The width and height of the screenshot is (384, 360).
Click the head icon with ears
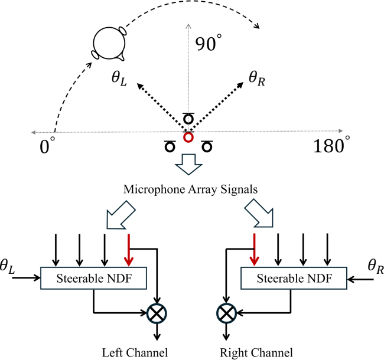click(108, 43)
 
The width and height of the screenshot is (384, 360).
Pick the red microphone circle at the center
click(188, 138)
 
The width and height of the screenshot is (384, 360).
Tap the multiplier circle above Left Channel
click(157, 313)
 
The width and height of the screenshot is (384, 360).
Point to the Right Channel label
click(256, 353)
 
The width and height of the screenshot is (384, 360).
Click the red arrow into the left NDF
click(128, 250)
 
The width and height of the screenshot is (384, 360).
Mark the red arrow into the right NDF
click(254, 250)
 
